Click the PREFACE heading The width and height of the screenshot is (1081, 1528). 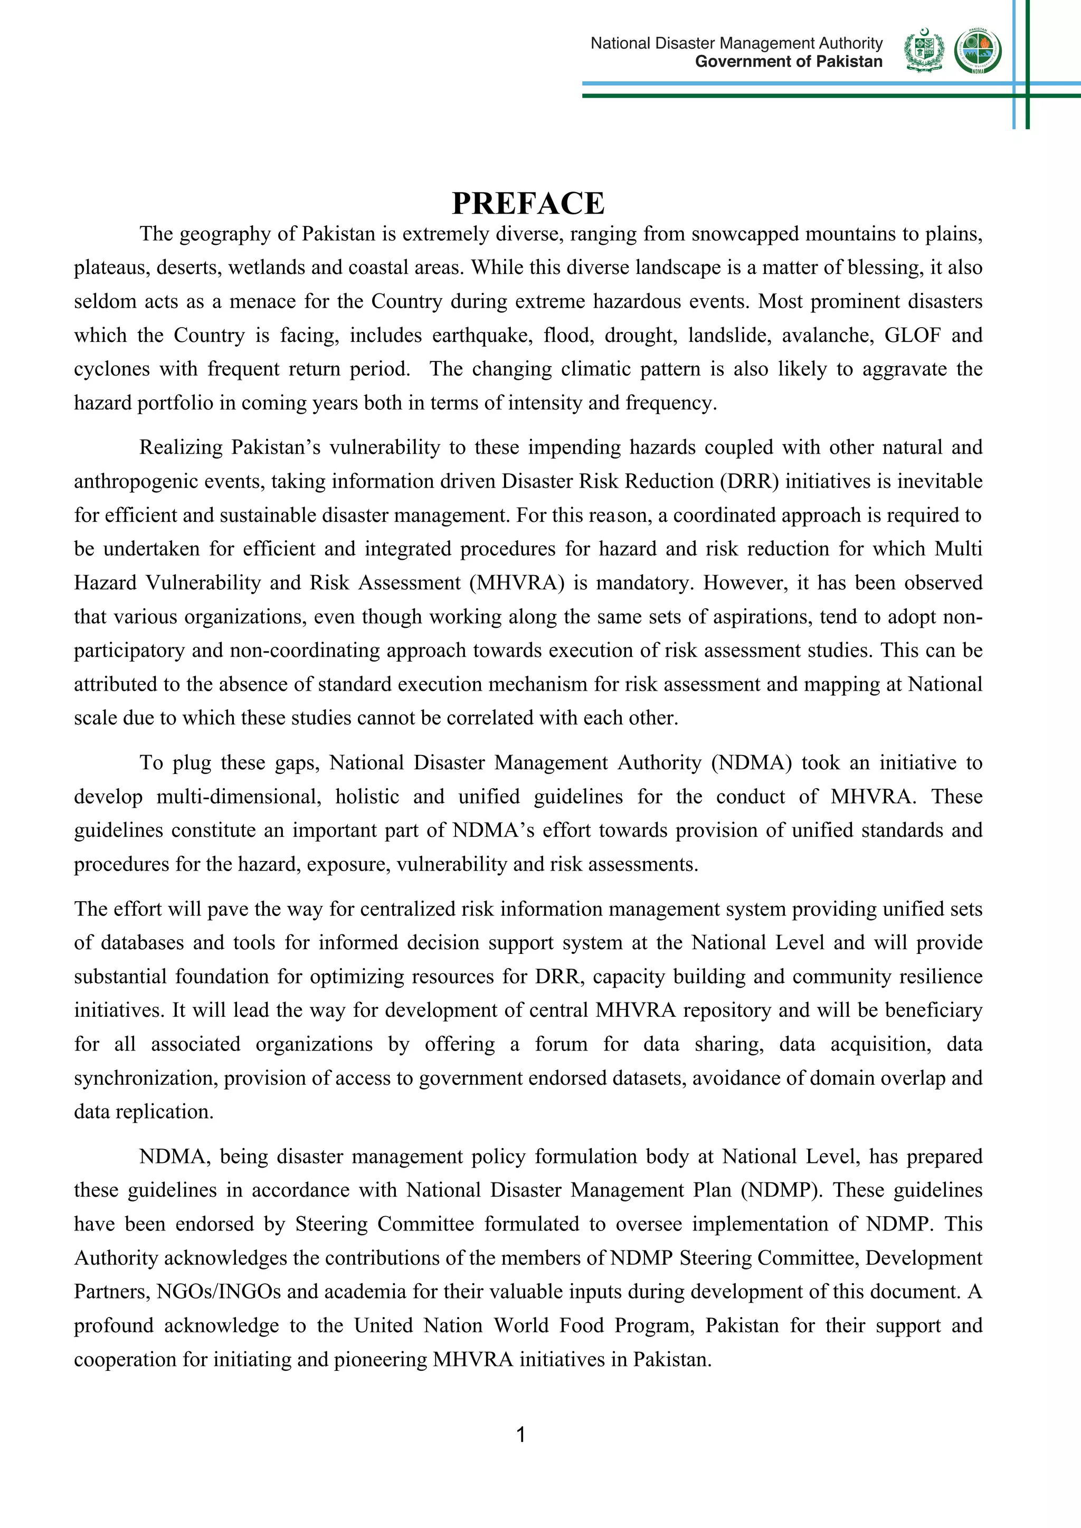(x=528, y=204)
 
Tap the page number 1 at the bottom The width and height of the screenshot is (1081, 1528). (x=520, y=1435)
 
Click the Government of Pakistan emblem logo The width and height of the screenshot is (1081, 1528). (x=924, y=51)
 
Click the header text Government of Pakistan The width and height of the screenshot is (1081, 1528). (x=788, y=62)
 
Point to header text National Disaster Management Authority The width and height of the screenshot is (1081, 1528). (x=736, y=43)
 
